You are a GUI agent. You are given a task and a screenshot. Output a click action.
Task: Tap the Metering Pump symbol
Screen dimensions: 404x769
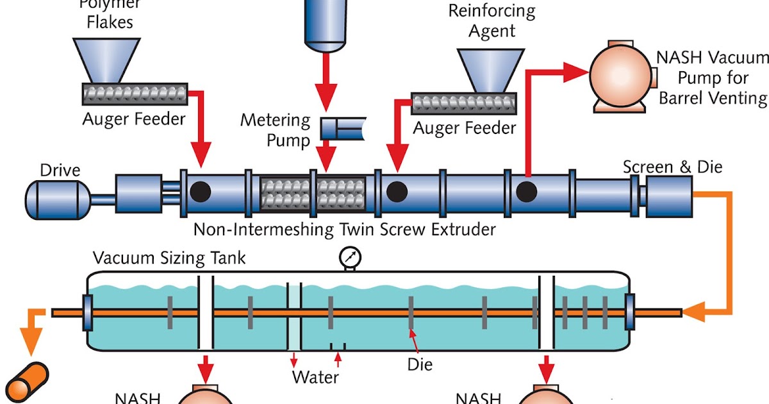click(343, 129)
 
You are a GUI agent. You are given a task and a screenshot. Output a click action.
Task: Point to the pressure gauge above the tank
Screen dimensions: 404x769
click(350, 258)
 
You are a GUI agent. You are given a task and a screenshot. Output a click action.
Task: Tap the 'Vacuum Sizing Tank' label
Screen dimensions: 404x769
click(169, 258)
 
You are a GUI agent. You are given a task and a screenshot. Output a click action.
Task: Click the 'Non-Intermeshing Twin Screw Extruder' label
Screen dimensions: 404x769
click(345, 229)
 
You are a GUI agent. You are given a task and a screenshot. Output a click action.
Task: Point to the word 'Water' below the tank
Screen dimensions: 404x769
click(315, 376)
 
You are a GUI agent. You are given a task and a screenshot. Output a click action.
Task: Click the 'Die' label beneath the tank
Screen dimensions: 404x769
click(420, 365)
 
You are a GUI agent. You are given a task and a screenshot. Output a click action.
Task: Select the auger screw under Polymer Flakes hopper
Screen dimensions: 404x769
click(135, 94)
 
